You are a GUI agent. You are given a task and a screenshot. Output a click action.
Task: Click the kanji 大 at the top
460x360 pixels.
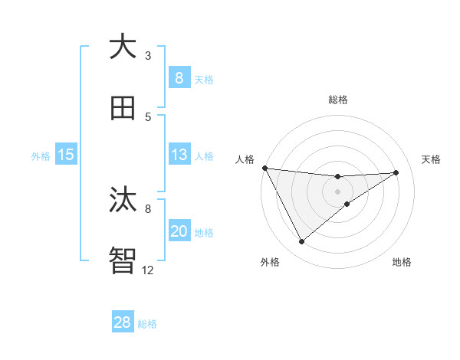tap(123, 47)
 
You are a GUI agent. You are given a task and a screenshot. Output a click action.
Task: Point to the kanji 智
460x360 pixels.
tap(123, 260)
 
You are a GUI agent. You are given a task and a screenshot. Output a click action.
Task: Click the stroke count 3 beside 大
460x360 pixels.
tap(148, 55)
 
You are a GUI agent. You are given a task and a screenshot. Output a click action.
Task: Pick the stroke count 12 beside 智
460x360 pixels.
tap(148, 270)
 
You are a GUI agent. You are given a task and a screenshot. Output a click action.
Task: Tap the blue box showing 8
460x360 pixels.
tap(179, 77)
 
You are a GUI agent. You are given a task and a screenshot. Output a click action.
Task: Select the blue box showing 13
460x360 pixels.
tap(179, 155)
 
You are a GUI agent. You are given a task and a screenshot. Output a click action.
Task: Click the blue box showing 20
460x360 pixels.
tap(179, 231)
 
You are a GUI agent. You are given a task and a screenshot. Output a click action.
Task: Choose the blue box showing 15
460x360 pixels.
tap(66, 155)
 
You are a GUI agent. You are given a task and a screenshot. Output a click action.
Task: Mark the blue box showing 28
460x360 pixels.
tap(123, 322)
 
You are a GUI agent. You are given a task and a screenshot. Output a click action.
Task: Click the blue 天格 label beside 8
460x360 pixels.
tap(204, 79)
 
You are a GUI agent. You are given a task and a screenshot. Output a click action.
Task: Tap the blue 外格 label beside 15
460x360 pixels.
tap(41, 155)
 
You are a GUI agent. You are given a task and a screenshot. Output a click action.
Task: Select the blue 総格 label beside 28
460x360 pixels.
tap(147, 324)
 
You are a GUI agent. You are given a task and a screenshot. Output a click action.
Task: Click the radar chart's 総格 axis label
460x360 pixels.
tap(337, 100)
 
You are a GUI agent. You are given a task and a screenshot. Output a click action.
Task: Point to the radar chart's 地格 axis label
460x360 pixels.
tap(402, 262)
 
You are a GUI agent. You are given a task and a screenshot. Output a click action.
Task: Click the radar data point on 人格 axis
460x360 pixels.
tap(264, 168)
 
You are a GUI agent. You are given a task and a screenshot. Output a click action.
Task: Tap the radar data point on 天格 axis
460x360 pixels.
tap(396, 172)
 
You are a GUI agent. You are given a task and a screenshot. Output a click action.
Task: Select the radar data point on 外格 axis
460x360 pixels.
tap(301, 241)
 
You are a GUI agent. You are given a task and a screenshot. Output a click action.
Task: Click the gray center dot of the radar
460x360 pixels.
tap(337, 191)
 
